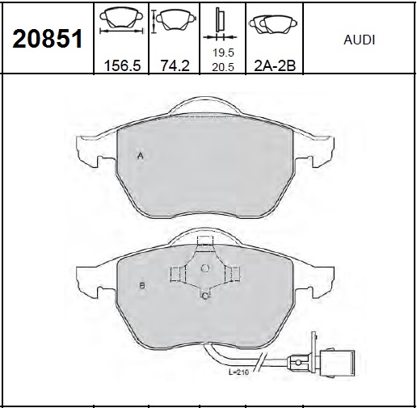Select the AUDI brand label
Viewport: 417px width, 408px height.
tap(359, 39)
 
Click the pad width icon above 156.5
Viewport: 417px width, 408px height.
tap(122, 23)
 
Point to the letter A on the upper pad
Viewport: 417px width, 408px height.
tap(140, 156)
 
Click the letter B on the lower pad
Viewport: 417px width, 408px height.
tap(141, 286)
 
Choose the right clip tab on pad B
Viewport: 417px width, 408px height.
tap(234, 275)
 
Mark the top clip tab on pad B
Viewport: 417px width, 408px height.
tap(204, 242)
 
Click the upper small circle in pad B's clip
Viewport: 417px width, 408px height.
tap(205, 268)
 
